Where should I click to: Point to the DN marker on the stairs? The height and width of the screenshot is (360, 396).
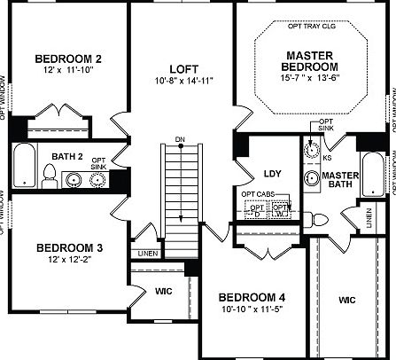(x=180, y=138)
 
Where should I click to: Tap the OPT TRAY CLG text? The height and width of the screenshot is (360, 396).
(x=311, y=27)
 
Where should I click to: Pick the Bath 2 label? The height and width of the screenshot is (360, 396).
(x=67, y=156)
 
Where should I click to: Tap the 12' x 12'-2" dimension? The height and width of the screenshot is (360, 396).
(x=64, y=260)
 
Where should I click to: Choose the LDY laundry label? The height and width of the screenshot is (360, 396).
(x=272, y=174)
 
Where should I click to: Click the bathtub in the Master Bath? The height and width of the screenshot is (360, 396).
(x=374, y=176)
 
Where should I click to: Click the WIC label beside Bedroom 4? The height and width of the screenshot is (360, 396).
(x=347, y=300)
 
